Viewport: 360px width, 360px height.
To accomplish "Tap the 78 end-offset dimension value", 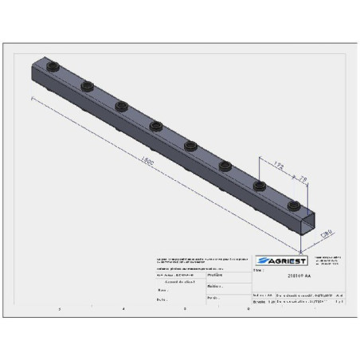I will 302,176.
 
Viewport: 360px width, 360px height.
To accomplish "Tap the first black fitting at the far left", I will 54,65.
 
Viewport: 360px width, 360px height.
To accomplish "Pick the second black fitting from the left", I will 87,84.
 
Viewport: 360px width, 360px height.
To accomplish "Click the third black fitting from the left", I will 121,104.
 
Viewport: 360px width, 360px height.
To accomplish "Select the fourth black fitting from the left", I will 155,125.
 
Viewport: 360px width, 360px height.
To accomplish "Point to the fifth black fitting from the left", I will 190,145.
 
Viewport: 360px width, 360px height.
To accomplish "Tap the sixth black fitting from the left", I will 225,166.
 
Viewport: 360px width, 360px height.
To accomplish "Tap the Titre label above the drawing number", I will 258,271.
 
